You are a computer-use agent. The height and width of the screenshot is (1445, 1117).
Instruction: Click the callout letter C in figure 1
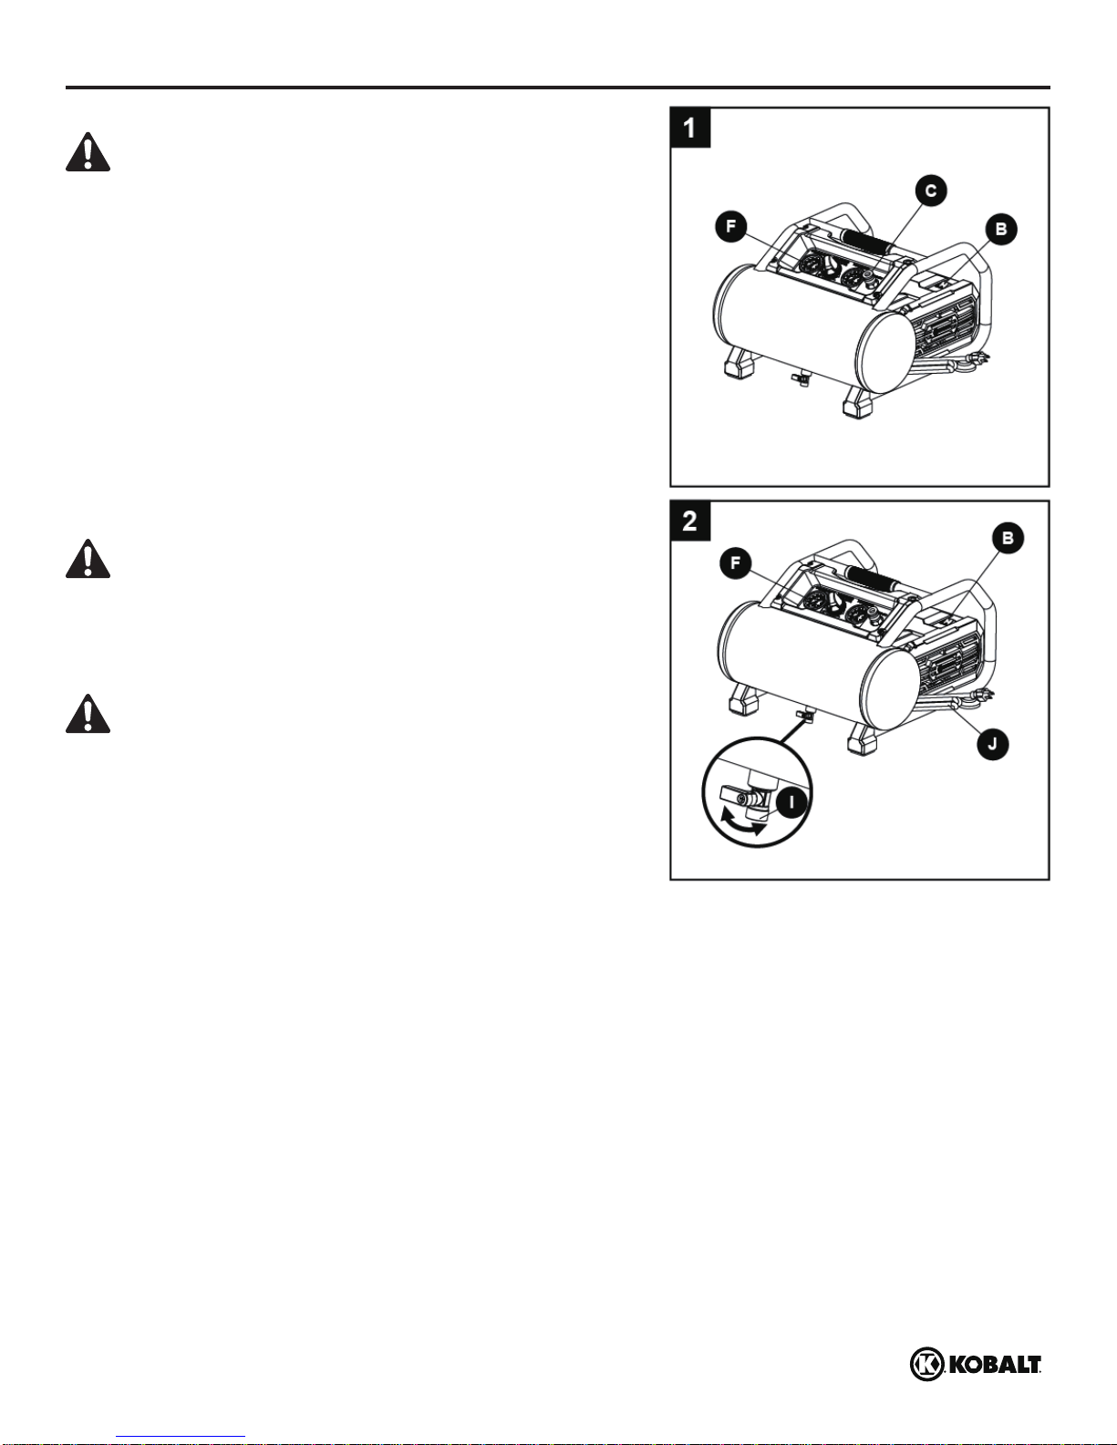[931, 191]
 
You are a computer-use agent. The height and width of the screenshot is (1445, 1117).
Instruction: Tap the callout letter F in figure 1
[730, 227]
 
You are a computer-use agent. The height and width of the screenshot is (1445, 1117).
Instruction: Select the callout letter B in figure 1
[1000, 230]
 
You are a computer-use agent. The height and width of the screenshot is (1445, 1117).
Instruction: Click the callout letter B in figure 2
[1008, 538]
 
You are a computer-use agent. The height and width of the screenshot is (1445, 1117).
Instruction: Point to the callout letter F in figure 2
[735, 563]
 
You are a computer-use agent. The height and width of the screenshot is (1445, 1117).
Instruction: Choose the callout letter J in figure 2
[993, 744]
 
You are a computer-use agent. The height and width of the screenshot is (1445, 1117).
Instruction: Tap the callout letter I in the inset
[791, 802]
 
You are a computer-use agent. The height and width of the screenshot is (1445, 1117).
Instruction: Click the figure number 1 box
[690, 128]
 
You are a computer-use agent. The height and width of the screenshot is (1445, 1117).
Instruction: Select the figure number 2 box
[690, 521]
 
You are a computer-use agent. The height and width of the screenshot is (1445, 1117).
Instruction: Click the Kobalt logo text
[995, 1365]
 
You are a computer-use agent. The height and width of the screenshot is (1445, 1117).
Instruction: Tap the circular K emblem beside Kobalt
[926, 1365]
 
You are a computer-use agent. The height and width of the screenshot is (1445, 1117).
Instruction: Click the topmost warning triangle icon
[88, 152]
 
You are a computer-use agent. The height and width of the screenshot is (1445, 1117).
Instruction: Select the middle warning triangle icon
[88, 559]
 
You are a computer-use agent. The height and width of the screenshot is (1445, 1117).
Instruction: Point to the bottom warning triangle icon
[88, 714]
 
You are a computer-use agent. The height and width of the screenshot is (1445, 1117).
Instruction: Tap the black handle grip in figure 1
[870, 240]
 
